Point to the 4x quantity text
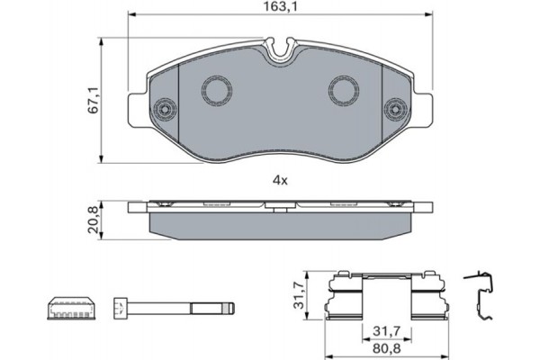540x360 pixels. pyautogui.click(x=280, y=180)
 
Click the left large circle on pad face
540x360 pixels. pyautogui.click(x=216, y=89)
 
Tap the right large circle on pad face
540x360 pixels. pyautogui.click(x=344, y=89)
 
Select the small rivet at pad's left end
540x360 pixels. pyautogui.click(x=164, y=110)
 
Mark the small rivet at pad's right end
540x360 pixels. pyautogui.click(x=396, y=110)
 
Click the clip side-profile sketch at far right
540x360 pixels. pyautogui.click(x=481, y=296)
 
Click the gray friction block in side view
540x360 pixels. pyautogui.click(x=280, y=221)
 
